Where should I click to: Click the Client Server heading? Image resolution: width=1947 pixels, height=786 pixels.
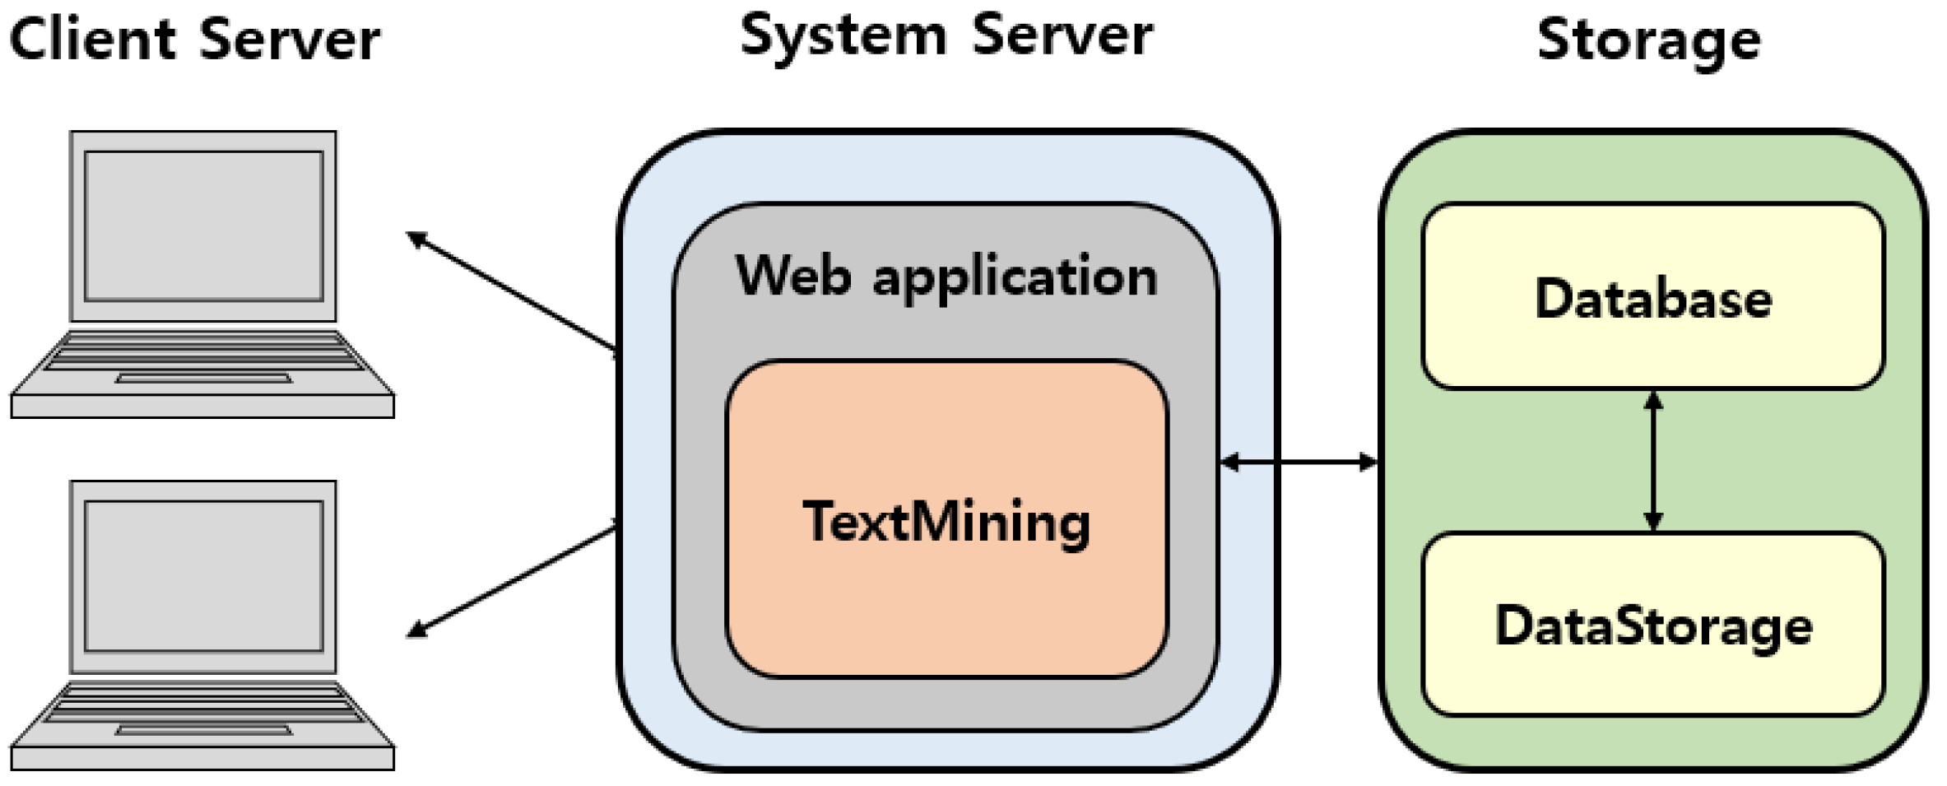tap(194, 40)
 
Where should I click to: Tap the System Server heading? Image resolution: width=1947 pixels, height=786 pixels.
tap(946, 36)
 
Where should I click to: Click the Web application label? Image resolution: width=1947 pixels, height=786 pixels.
tap(946, 276)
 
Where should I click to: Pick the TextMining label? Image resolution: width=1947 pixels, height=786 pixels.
tap(946, 522)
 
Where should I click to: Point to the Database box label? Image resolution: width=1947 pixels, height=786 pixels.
tap(1653, 298)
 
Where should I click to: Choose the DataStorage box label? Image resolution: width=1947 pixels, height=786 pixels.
tap(1653, 626)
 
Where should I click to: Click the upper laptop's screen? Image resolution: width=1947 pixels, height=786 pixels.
tap(203, 226)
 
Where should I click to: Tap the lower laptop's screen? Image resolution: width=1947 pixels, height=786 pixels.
tap(203, 575)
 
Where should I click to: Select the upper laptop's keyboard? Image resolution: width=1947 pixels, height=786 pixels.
tap(202, 351)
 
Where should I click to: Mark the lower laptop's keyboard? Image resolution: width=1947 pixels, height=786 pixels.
tap(202, 702)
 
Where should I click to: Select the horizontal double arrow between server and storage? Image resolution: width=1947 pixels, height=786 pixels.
tap(1299, 462)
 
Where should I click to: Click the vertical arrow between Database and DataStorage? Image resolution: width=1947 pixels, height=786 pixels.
tap(1653, 462)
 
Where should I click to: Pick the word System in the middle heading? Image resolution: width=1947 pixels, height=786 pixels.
tap(843, 38)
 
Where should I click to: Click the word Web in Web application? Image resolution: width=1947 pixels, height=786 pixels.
tap(793, 276)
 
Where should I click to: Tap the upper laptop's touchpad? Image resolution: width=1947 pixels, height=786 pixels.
tap(203, 379)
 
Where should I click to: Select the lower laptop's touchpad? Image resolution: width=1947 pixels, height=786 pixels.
tap(203, 729)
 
